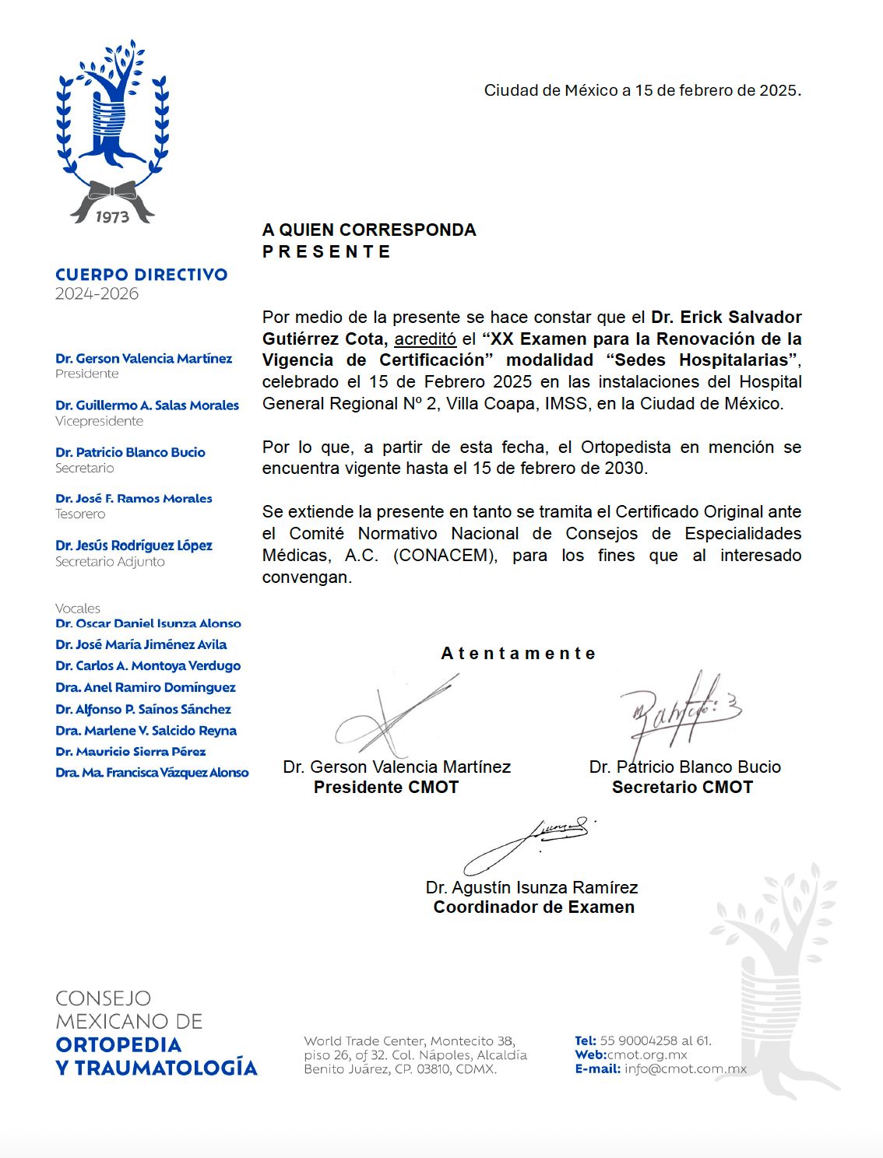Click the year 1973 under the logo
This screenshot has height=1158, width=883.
(x=112, y=216)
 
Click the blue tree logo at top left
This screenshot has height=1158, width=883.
(x=112, y=117)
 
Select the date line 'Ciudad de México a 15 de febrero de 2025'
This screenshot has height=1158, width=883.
(x=642, y=90)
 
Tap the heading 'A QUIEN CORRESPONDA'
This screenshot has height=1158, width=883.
(x=369, y=230)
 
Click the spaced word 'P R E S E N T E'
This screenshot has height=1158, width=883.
(x=326, y=251)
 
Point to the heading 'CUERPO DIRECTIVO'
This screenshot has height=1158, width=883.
(x=141, y=275)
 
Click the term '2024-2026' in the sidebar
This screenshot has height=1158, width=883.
(x=97, y=294)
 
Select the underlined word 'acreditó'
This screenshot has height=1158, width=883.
(x=425, y=339)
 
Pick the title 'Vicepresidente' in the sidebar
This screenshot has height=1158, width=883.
(x=99, y=421)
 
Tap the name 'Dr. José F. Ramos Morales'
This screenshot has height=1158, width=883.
(x=133, y=499)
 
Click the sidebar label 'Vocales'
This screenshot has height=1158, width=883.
(x=77, y=609)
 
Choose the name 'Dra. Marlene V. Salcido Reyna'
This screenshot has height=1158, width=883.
(x=146, y=731)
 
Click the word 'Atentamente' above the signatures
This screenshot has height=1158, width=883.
(x=519, y=654)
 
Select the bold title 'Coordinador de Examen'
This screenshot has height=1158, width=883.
(x=533, y=907)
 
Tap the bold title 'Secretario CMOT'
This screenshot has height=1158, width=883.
(x=682, y=788)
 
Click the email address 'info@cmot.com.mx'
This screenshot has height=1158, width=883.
(x=685, y=1069)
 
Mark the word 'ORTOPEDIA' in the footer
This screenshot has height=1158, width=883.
(x=118, y=1044)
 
